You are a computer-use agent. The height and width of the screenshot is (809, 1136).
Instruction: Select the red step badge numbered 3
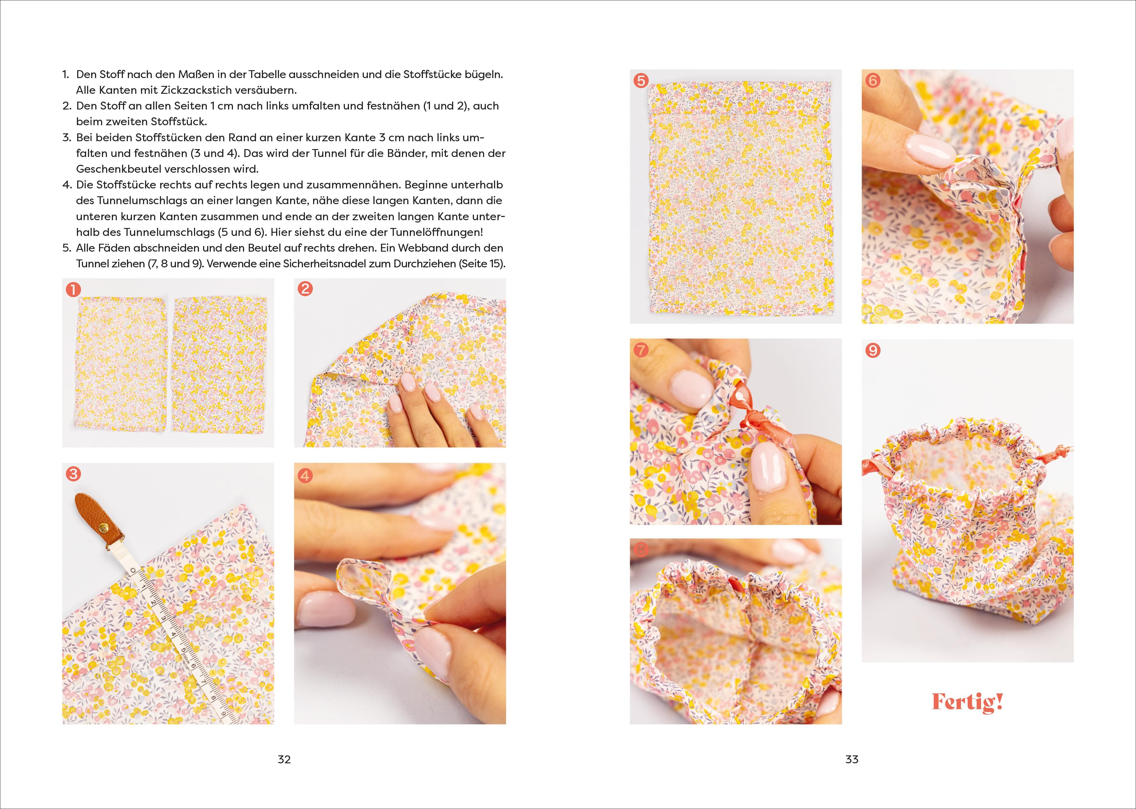[x=73, y=474]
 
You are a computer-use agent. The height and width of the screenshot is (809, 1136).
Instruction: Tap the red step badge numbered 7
[x=641, y=350]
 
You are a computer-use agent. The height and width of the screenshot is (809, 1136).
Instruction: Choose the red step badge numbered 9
[x=872, y=351]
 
